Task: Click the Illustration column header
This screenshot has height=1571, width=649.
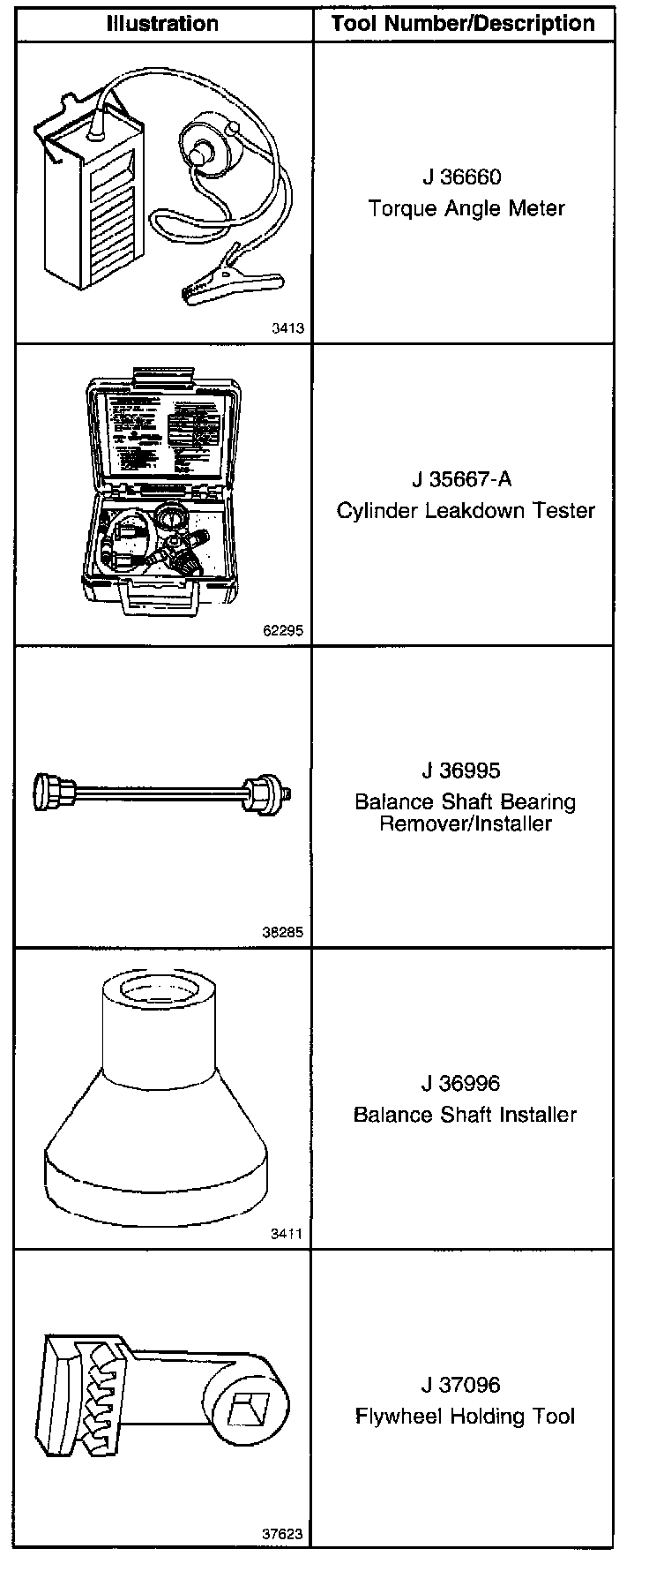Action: coord(162,23)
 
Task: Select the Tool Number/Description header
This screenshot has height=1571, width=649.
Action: coord(463,23)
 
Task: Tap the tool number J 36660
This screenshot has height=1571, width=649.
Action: coord(461,177)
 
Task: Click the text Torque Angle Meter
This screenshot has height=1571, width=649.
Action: coord(466,209)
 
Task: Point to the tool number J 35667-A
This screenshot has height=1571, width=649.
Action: coord(461,479)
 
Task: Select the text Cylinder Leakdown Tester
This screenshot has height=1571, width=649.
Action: coord(466,511)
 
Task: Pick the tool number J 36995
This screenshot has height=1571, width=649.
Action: coord(461,770)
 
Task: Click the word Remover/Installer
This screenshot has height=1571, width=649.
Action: coord(466,824)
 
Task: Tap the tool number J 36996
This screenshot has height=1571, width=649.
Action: coord(461,1083)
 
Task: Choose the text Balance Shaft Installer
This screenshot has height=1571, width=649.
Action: coord(466,1115)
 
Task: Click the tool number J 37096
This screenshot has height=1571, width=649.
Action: coord(461,1385)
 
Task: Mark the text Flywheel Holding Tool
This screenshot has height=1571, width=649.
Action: coord(466,1417)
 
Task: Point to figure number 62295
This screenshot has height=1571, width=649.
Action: coord(282,630)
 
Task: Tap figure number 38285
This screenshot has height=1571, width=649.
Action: coord(282,932)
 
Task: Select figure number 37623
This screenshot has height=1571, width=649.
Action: coord(282,1534)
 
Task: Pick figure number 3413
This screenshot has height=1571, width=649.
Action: coord(287,328)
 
